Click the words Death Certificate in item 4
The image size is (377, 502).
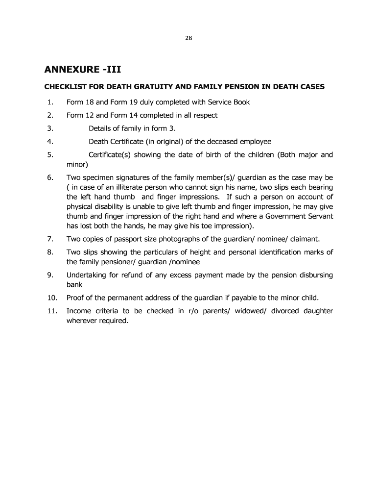113,142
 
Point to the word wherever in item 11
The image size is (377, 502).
81,321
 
